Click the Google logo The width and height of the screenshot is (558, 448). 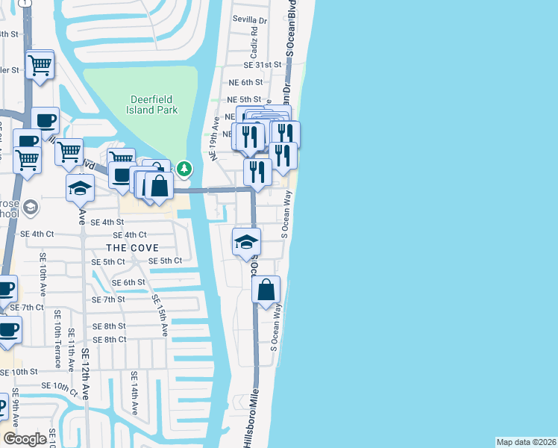coord(25,439)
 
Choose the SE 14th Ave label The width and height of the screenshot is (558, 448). coord(134,393)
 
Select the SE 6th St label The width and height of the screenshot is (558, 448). coord(128,282)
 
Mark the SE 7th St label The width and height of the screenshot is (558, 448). coord(108,299)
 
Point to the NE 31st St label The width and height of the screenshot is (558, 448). coord(264,65)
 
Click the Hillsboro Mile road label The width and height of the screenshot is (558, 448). coord(252,417)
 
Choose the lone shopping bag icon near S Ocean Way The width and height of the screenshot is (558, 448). coord(266,290)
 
